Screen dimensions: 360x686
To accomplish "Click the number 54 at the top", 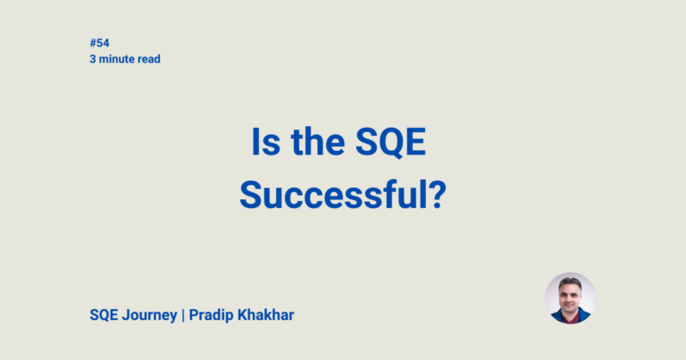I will pos(103,43).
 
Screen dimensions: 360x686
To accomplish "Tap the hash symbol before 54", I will pos(93,43).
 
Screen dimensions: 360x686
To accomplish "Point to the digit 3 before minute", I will pos(93,59).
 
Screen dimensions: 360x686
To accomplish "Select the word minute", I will pos(116,59).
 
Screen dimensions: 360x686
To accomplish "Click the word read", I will pos(149,59).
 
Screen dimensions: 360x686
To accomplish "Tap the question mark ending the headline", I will pos(436,195).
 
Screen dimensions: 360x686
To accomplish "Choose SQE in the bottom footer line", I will pos(105,315).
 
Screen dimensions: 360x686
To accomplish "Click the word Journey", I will pos(151,316).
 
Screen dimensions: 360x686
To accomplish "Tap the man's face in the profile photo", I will pos(570,297).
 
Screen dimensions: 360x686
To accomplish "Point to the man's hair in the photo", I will pos(570,282).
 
